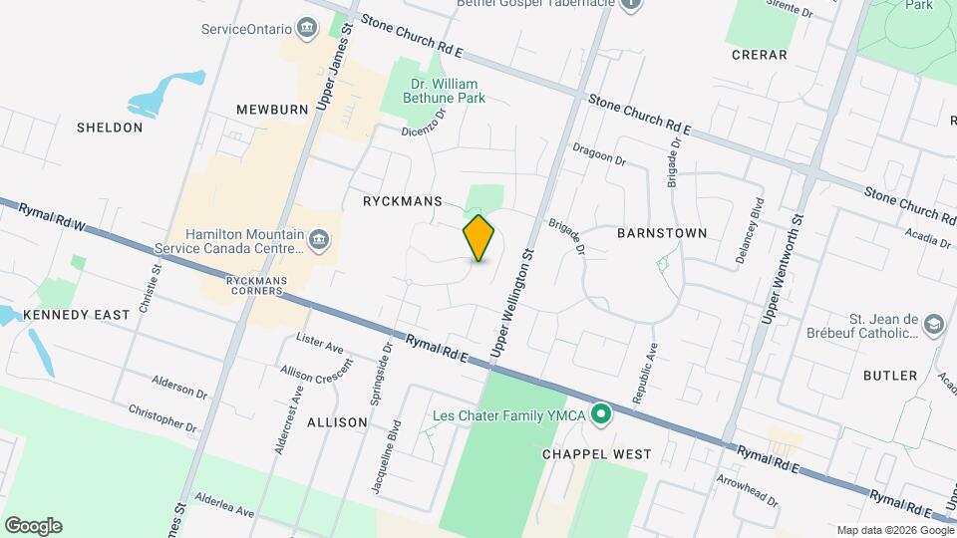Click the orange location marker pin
(479, 238)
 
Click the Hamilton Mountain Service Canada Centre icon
(319, 240)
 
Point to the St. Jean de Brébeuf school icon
(933, 326)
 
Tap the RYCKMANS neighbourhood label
(402, 201)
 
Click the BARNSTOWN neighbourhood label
(662, 233)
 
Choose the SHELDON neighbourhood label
(110, 128)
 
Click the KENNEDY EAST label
(77, 315)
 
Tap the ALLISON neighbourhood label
(337, 422)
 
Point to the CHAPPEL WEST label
(596, 454)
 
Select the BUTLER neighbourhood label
(891, 376)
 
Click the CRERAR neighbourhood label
(759, 55)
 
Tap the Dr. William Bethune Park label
(443, 91)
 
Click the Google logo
(33, 525)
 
